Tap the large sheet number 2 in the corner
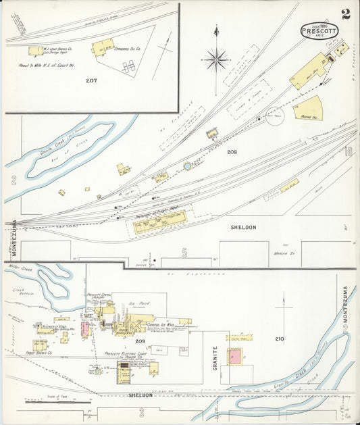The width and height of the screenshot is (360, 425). (346, 14)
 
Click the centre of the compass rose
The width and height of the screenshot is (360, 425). (216, 59)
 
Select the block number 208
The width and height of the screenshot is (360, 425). (232, 152)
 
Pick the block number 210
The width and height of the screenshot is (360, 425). (279, 339)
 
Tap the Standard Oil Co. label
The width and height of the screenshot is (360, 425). (129, 49)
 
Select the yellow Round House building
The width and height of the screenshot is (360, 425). (310, 107)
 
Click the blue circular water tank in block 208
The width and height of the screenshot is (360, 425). (187, 166)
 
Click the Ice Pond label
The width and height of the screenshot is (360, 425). (139, 304)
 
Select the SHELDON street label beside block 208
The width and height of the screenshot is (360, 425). (243, 228)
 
